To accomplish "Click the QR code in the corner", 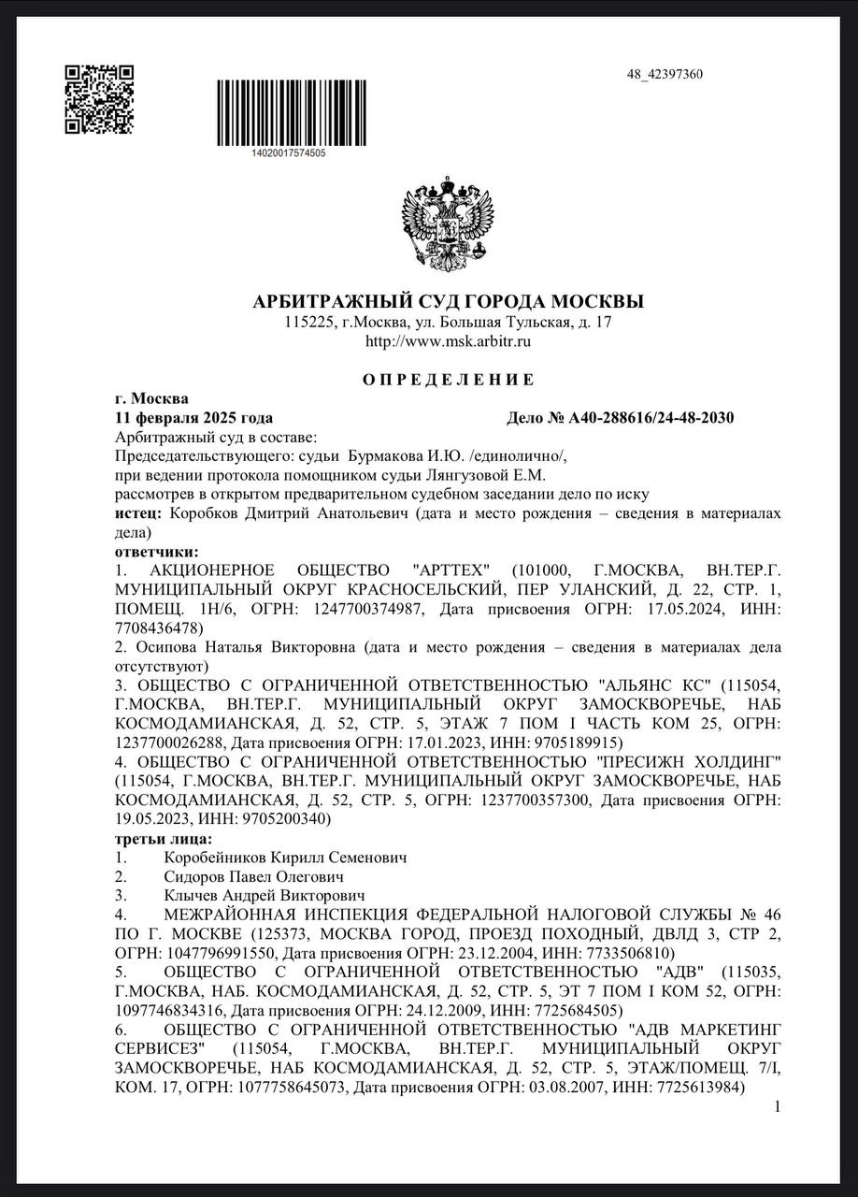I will [x=98, y=99].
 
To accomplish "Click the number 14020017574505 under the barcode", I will [x=289, y=152].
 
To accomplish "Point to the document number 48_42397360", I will [x=665, y=75].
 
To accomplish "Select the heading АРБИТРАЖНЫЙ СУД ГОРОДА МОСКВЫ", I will [x=448, y=302].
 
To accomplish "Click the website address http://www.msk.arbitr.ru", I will [x=448, y=341].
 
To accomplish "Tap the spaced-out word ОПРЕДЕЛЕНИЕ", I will [x=448, y=380].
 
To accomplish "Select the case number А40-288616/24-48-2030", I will [x=651, y=417].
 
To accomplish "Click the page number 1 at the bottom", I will [x=777, y=1107].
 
